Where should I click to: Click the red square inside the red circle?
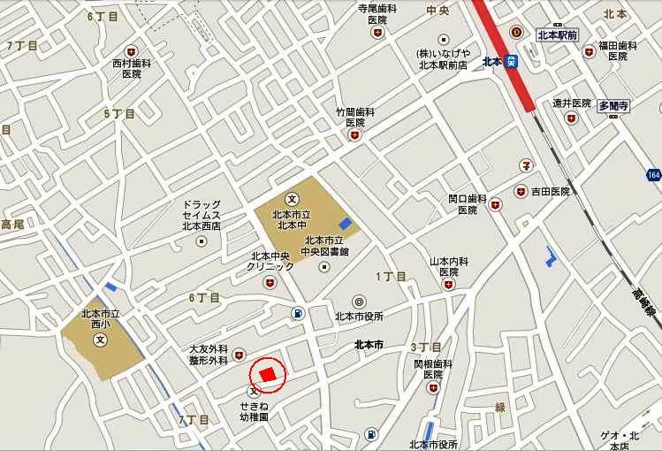[x=269, y=373]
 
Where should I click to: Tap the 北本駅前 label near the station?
[x=557, y=35]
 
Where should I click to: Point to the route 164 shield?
[x=652, y=174]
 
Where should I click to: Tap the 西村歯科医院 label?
[x=132, y=69]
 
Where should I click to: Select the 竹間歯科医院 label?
[x=355, y=118]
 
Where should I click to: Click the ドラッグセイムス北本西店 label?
[x=202, y=215]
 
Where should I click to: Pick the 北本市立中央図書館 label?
[x=326, y=246]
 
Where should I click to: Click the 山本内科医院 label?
[x=448, y=266]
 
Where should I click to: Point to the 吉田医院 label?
[x=549, y=191]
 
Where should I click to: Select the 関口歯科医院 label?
[x=468, y=204]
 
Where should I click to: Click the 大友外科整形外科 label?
[x=209, y=355]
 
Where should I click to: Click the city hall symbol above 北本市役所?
[x=359, y=301]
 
